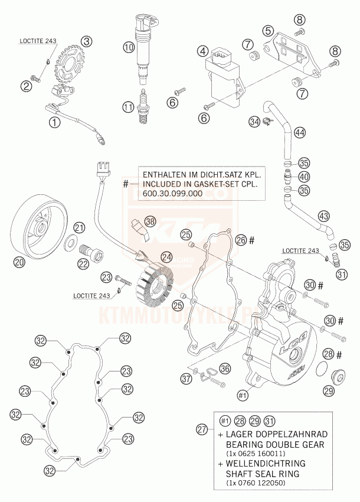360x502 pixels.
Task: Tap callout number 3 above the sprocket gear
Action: [x=87, y=41]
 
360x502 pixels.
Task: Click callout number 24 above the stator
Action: [x=167, y=257]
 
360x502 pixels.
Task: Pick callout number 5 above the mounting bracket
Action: [x=268, y=30]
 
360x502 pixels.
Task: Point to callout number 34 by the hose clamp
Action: [x=254, y=122]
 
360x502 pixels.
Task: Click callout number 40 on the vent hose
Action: [x=304, y=176]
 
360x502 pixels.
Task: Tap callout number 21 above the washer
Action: [x=79, y=227]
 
